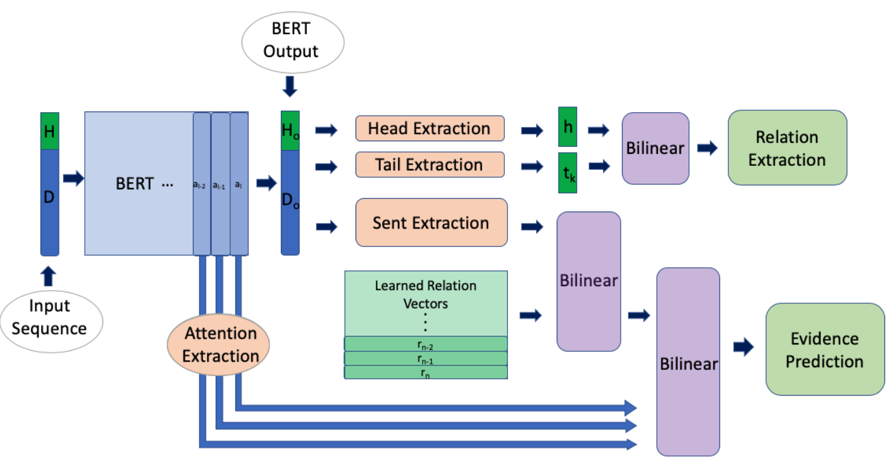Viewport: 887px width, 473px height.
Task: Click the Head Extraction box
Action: tap(430, 129)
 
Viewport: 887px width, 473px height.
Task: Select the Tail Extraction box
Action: tap(430, 165)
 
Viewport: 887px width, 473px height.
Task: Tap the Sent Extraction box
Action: tap(431, 222)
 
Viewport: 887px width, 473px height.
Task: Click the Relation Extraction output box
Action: tap(787, 148)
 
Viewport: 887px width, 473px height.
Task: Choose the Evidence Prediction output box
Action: tap(825, 350)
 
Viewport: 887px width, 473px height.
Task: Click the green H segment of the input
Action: tap(49, 131)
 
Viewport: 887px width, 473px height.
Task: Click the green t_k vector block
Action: tap(568, 172)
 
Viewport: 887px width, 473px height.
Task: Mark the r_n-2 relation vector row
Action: tap(426, 344)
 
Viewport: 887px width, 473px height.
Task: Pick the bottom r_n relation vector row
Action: tap(426, 373)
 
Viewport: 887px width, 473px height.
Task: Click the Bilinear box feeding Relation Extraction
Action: tap(655, 148)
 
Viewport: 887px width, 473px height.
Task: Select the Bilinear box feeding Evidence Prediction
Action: tap(688, 362)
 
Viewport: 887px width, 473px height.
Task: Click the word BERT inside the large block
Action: tap(134, 184)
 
